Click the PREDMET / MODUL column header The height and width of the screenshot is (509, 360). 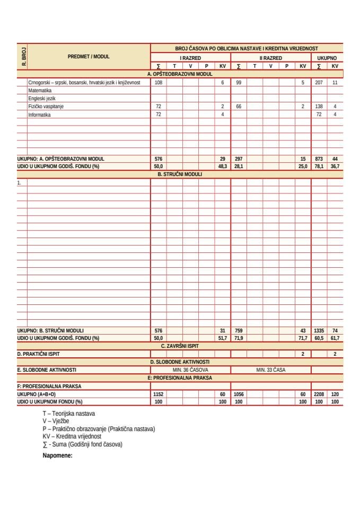(89, 56)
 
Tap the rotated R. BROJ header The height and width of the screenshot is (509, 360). (23, 56)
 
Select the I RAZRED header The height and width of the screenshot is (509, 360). (190, 57)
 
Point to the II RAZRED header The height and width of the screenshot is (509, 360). (270, 57)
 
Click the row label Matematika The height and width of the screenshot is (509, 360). (40, 91)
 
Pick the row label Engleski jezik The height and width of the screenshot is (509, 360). (42, 98)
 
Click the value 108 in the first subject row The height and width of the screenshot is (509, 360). (158, 83)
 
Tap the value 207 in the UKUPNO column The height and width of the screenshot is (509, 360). (319, 83)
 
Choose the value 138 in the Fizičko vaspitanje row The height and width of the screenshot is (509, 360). (319, 106)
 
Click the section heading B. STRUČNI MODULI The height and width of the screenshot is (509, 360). (180, 174)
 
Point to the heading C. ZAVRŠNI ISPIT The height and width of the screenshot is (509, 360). (180, 346)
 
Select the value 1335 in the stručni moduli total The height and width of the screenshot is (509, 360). (319, 330)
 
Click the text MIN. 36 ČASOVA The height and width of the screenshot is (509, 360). (190, 370)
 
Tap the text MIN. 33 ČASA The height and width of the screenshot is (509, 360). (270, 370)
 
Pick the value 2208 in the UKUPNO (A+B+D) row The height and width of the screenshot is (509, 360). (319, 394)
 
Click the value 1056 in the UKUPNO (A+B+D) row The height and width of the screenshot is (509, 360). (240, 394)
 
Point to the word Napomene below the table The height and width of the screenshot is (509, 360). (57, 455)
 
